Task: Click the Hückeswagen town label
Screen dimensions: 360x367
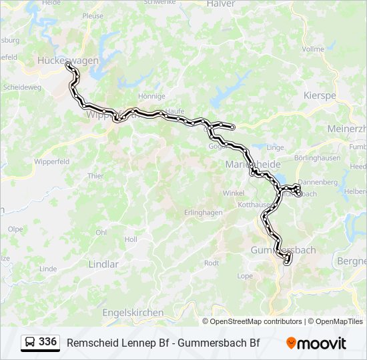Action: tap(68, 60)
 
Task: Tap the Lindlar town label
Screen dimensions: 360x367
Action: tap(103, 264)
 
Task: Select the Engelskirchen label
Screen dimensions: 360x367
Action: tap(133, 312)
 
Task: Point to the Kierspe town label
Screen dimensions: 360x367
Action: tap(320, 95)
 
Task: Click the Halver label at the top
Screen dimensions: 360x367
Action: tap(221, 4)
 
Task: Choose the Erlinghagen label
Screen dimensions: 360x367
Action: tap(203, 213)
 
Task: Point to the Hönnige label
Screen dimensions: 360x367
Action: tap(151, 96)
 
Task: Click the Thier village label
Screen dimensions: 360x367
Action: tap(95, 176)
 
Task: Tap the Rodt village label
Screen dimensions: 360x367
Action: tap(211, 263)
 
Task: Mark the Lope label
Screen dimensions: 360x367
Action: tap(245, 275)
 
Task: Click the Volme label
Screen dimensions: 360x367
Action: tap(313, 49)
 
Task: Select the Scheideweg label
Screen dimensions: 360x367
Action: tap(22, 87)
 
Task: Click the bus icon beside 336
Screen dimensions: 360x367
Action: tap(30, 343)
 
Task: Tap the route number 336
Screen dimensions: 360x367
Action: tap(47, 342)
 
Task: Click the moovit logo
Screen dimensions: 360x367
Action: tap(316, 343)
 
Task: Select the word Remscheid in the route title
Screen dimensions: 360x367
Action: tap(90, 343)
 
